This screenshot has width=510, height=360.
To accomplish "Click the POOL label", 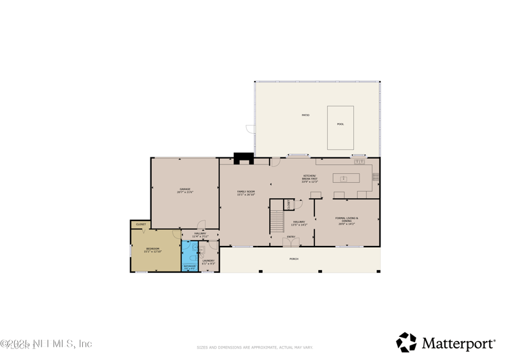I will [x=340, y=124].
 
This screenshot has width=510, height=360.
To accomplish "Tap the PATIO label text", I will [x=305, y=115].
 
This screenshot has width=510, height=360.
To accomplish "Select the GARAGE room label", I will [x=186, y=189].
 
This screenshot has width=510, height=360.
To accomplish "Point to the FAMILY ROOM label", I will [x=246, y=191].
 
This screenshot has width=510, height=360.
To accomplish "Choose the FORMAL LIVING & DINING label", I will [x=347, y=219].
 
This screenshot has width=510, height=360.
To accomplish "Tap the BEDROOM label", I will [x=152, y=248].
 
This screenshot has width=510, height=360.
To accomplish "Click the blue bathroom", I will [x=190, y=257].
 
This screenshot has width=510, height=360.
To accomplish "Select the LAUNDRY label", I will [x=208, y=261].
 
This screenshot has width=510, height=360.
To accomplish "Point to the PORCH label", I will [x=294, y=259].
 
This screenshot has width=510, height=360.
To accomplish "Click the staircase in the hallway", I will [x=277, y=220].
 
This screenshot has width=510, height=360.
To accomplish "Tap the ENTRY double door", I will [x=291, y=243].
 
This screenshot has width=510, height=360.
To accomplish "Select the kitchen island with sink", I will [x=346, y=178].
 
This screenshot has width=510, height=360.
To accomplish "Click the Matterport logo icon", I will [x=406, y=342].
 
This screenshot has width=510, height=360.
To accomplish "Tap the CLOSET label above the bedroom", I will [x=141, y=224].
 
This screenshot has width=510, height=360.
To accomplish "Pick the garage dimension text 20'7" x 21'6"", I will [x=186, y=192].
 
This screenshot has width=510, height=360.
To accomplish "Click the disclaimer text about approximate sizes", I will [x=255, y=348].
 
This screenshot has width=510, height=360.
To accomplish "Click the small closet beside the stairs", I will [x=289, y=205].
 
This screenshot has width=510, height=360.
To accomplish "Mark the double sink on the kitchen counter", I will [x=360, y=162].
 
